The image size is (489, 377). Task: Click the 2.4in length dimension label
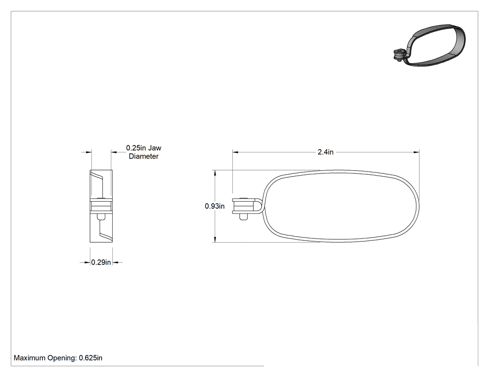pyautogui.click(x=325, y=152)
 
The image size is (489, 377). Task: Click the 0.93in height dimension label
pyautogui.click(x=215, y=206)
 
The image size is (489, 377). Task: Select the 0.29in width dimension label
pyautogui.click(x=101, y=263)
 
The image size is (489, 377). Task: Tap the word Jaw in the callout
pyautogui.click(x=155, y=148)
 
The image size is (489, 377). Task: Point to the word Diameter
pyautogui.click(x=144, y=156)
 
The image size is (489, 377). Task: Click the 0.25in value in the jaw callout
pyautogui.click(x=136, y=148)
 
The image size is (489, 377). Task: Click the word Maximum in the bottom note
pyautogui.click(x=30, y=358)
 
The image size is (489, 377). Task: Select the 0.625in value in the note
pyautogui.click(x=90, y=358)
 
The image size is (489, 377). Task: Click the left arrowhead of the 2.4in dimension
pyautogui.click(x=236, y=152)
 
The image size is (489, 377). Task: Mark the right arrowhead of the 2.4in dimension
pyautogui.click(x=416, y=152)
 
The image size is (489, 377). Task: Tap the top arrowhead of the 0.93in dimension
pyautogui.click(x=215, y=173)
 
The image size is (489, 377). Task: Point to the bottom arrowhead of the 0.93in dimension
pyautogui.click(x=215, y=239)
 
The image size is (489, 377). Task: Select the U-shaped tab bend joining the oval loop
pyautogui.click(x=258, y=206)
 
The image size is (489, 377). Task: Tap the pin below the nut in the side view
pyautogui.click(x=101, y=217)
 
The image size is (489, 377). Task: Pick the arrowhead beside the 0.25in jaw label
pyautogui.click(x=114, y=152)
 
